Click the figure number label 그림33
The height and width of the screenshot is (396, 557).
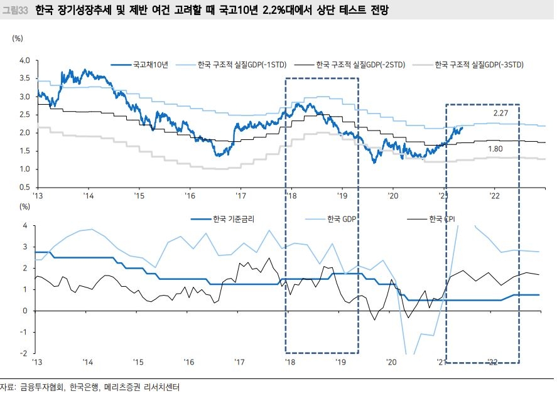point(14,11)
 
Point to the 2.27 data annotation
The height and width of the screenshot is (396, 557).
point(500,113)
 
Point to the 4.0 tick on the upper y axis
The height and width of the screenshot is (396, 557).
point(24,60)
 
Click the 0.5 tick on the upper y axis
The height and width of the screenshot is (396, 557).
point(24,188)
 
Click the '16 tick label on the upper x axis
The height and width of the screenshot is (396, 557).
point(189,196)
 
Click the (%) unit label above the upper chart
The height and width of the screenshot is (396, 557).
point(18,38)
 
